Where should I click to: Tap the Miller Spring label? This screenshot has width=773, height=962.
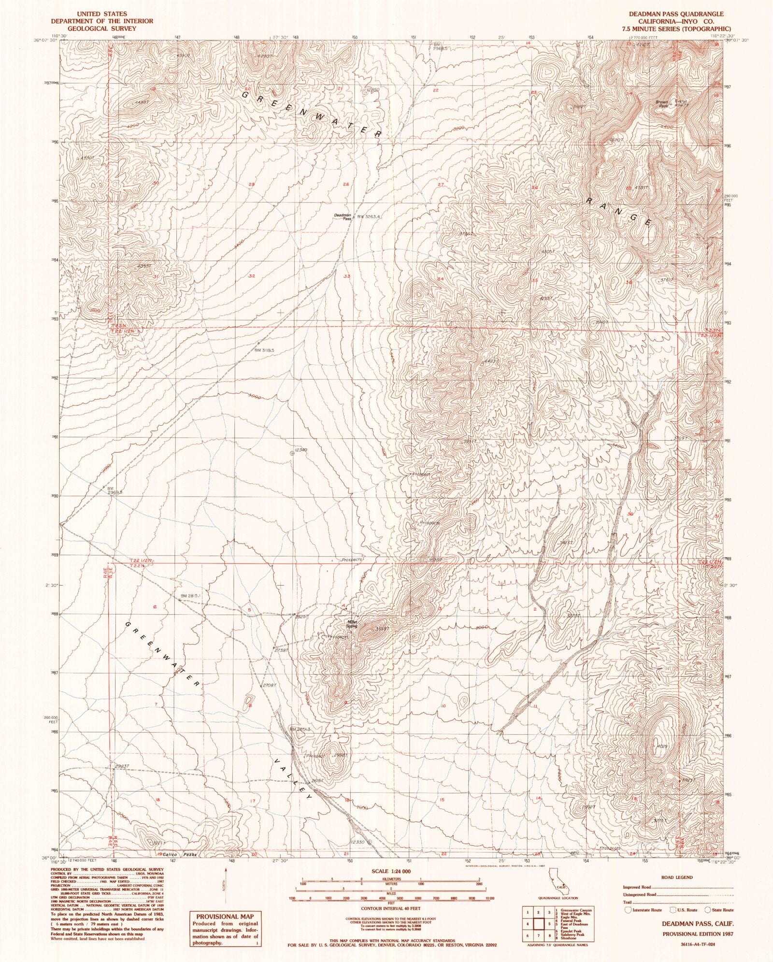click(x=351, y=624)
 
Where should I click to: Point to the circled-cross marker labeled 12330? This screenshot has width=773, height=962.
click(x=370, y=842)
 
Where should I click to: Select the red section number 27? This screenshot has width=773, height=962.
click(x=440, y=185)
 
